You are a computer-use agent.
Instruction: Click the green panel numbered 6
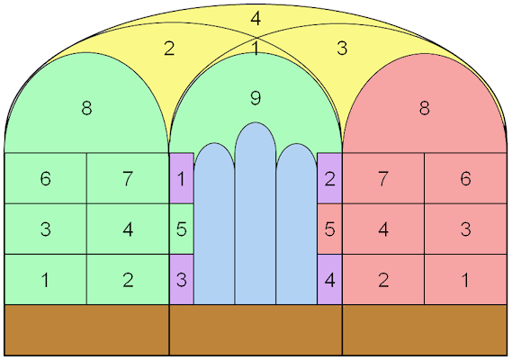[46, 178]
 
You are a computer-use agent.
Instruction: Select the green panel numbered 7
[128, 178]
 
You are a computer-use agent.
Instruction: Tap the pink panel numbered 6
[465, 178]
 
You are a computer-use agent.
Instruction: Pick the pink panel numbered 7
[383, 178]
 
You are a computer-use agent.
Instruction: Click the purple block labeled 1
[182, 178]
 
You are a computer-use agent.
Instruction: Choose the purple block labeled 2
[329, 178]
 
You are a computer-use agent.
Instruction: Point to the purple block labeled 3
[182, 279]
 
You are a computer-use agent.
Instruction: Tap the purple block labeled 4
[329, 279]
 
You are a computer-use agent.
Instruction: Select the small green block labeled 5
[182, 229]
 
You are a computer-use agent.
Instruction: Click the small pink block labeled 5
[329, 229]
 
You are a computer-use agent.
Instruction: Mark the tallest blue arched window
[256, 213]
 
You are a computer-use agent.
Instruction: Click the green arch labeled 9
[256, 98]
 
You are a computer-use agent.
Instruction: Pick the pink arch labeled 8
[425, 108]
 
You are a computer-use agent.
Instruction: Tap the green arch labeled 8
[86, 108]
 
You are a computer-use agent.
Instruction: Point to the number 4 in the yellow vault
[256, 19]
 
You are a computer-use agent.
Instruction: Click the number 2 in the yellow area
[169, 49]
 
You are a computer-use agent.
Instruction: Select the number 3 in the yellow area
[342, 49]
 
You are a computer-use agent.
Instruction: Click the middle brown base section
[256, 330]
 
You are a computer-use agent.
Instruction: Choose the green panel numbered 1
[46, 279]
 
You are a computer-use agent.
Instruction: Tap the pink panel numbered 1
[465, 279]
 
